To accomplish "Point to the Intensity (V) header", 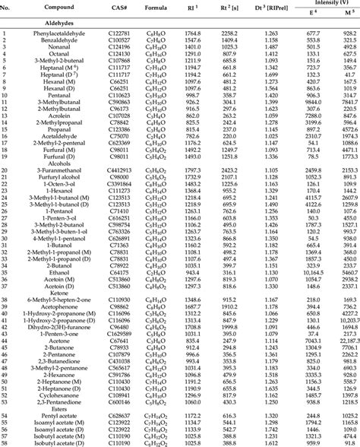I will coord(320,6).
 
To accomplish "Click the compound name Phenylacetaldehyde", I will coord(58,33).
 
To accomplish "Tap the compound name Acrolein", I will coord(58,115).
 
